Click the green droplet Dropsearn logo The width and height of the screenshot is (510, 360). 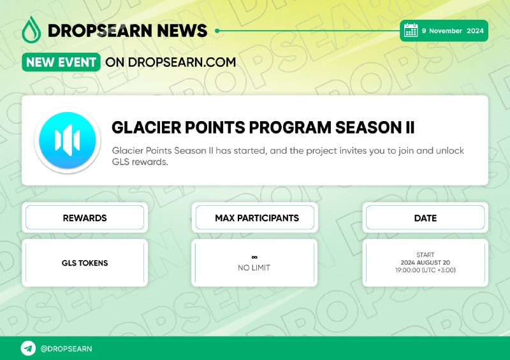(x=31, y=29)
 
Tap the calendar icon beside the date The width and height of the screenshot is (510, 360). (x=411, y=30)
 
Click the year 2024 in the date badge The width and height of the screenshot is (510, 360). (x=475, y=31)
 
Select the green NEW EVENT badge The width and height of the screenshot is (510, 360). (x=61, y=62)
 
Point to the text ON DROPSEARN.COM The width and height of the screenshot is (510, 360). (x=171, y=62)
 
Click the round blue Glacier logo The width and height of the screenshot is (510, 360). (x=68, y=140)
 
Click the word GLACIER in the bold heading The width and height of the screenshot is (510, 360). (x=145, y=127)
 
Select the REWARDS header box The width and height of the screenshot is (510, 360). (x=85, y=217)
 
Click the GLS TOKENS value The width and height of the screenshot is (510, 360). (x=85, y=263)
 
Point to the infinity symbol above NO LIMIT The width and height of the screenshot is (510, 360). (x=254, y=257)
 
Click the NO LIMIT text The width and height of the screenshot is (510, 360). (x=254, y=268)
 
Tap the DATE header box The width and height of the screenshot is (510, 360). (x=425, y=217)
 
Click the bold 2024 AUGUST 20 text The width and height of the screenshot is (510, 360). (x=425, y=263)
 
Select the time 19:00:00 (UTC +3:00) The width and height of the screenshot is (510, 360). (x=425, y=270)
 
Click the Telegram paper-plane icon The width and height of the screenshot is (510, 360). (x=28, y=349)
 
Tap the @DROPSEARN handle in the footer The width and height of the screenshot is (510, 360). (x=66, y=349)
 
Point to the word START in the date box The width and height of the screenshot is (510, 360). (x=425, y=255)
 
